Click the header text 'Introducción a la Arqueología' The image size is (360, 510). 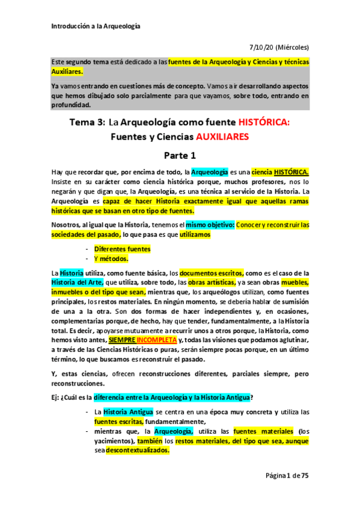(96, 26)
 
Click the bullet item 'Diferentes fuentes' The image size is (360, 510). (122, 248)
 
